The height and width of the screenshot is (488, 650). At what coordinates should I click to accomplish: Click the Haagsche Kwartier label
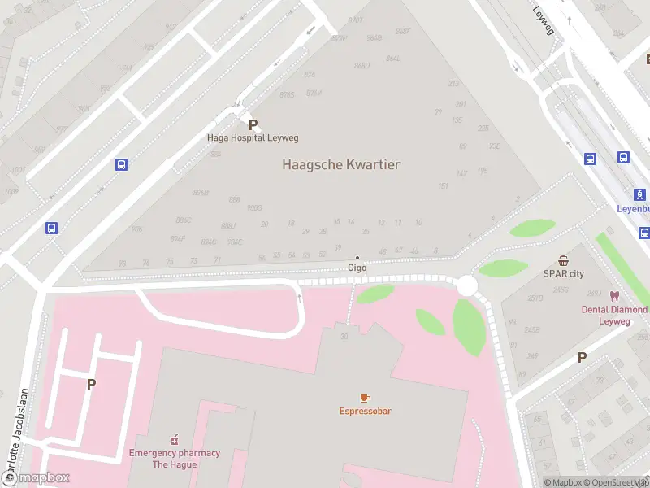[340, 164]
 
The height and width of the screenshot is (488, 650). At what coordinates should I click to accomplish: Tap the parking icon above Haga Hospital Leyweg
[253, 125]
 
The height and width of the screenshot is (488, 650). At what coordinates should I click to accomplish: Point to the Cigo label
[357, 268]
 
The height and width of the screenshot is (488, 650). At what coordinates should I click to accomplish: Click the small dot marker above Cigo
[357, 257]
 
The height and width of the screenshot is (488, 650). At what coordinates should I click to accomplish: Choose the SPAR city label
[563, 274]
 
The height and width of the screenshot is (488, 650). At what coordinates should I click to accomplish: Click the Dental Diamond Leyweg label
[616, 316]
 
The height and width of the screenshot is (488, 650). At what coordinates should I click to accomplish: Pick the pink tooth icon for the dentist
[613, 297]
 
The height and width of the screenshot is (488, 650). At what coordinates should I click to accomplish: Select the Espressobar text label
[365, 411]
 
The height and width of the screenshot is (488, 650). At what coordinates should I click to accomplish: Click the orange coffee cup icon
[365, 397]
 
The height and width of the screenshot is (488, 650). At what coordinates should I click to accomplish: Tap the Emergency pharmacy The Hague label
[174, 458]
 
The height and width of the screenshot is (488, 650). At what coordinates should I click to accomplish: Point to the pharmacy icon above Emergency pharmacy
[174, 439]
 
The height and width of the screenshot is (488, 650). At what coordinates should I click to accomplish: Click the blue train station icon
[640, 194]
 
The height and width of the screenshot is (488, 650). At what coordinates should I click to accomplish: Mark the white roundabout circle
[466, 286]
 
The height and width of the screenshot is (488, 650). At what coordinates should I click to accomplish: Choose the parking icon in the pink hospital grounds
[91, 385]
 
